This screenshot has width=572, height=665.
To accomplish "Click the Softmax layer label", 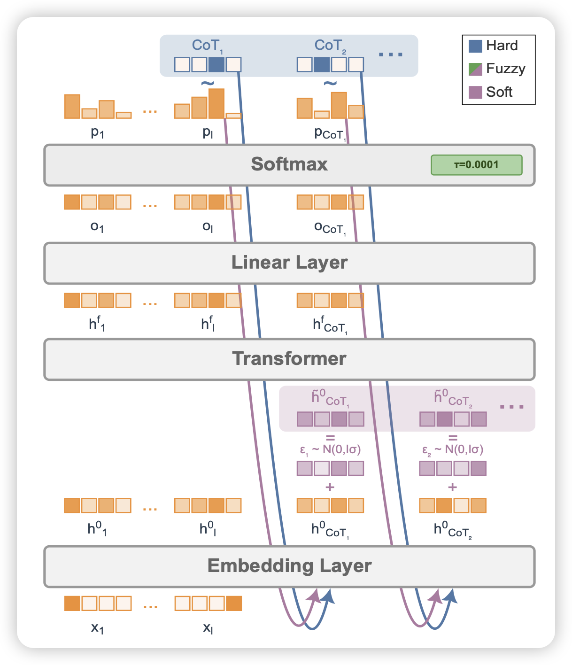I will [289, 164].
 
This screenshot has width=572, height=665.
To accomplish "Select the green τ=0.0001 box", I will [476, 165].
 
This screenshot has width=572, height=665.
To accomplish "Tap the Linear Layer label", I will [289, 263].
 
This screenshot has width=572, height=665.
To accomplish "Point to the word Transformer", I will [289, 359].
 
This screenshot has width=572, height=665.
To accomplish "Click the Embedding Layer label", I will [289, 566].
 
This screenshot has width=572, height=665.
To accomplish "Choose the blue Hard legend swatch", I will [475, 46].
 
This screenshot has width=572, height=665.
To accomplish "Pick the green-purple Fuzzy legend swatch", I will [475, 69].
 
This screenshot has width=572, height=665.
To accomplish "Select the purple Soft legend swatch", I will [475, 92].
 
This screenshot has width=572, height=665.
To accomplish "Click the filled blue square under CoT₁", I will [216, 64].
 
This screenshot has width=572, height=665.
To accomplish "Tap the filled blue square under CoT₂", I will [322, 64].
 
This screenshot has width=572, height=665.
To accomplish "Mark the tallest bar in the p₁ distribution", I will [72, 107].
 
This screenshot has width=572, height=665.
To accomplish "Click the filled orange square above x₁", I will [72, 603].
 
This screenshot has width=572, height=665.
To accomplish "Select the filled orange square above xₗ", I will [233, 603].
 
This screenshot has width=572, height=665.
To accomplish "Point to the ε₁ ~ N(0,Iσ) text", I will [330, 450].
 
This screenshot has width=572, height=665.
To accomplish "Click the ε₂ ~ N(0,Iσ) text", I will [453, 450].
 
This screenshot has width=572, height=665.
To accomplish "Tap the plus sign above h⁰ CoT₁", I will [330, 487].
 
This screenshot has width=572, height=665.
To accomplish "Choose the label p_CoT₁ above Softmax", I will [330, 134].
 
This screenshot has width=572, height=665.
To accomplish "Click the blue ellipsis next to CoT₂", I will [391, 55].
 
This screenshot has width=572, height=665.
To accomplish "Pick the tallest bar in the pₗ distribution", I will [216, 103].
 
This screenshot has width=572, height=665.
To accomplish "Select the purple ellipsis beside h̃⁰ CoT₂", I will [511, 407].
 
